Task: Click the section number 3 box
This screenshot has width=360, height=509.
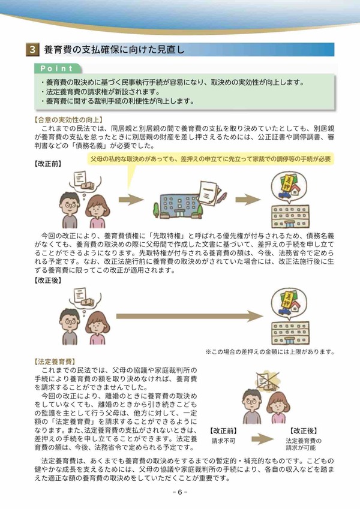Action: (x=32, y=50)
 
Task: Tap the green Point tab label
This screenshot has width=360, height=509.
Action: (x=58, y=68)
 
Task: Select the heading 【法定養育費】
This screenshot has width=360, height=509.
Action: (x=55, y=362)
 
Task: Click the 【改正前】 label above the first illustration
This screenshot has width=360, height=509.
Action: (x=48, y=164)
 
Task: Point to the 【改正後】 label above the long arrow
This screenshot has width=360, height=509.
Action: (x=48, y=280)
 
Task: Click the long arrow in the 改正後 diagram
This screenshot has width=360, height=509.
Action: (x=190, y=316)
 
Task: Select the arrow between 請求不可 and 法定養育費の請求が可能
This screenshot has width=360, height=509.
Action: (x=263, y=439)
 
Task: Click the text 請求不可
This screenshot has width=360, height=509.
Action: (x=223, y=441)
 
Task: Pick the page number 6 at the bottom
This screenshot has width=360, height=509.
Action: (x=179, y=492)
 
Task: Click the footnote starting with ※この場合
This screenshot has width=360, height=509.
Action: (x=270, y=351)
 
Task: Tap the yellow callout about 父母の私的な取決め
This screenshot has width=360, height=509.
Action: (x=211, y=159)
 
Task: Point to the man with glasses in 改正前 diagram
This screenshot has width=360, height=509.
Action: (x=69, y=210)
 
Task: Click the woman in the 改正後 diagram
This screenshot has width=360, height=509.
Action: (x=97, y=328)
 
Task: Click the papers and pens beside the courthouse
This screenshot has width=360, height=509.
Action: (x=211, y=193)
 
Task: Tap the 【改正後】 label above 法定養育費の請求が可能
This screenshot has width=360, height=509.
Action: (x=304, y=431)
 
